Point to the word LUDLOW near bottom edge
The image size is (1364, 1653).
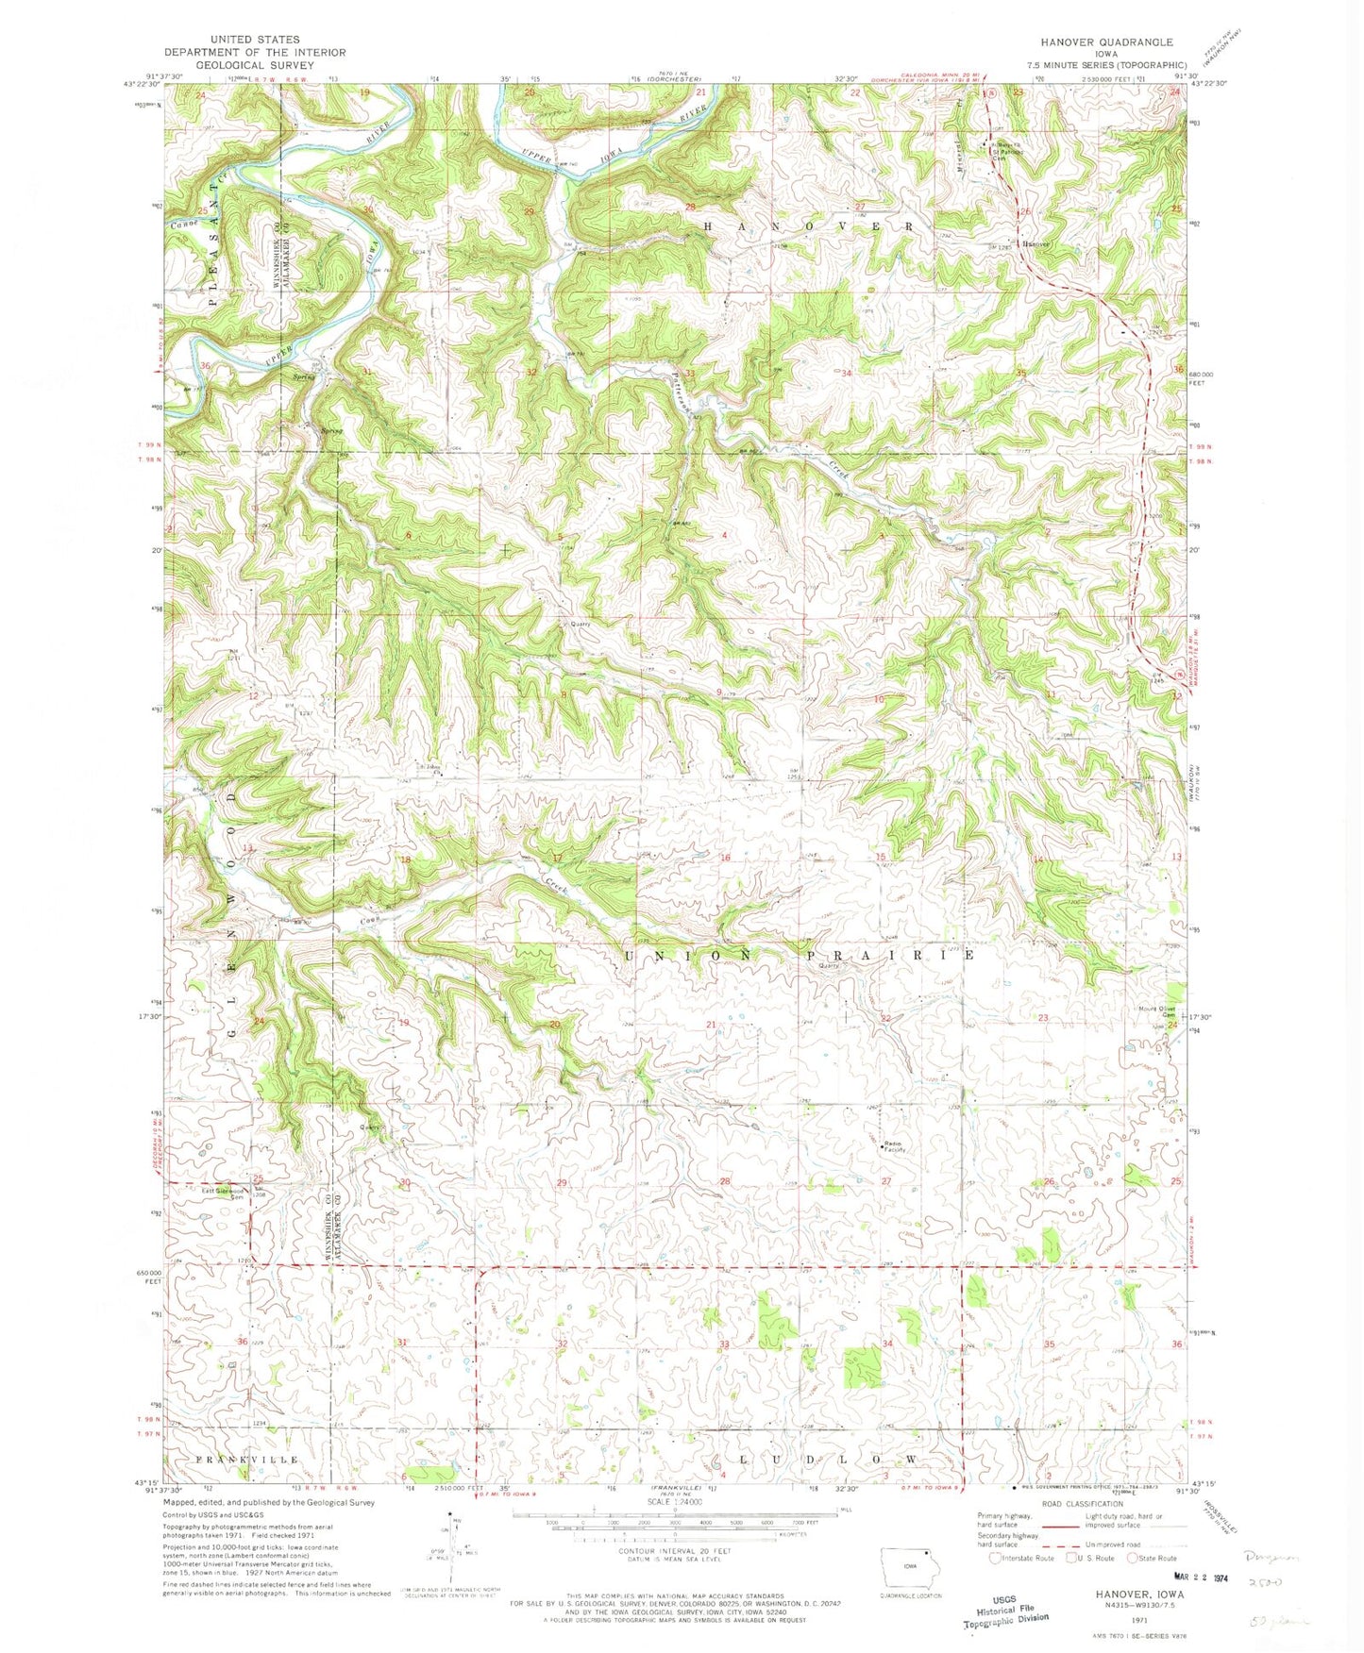point(824,1459)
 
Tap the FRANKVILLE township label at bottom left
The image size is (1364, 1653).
point(246,1459)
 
